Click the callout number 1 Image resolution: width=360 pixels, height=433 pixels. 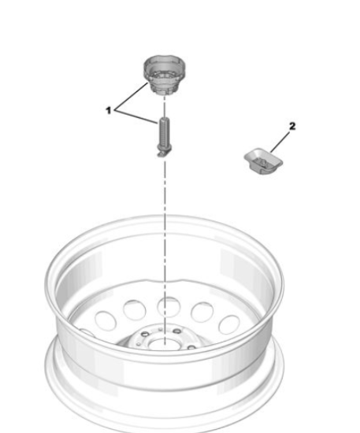pyautogui.click(x=109, y=110)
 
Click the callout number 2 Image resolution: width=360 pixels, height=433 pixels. pyautogui.click(x=292, y=126)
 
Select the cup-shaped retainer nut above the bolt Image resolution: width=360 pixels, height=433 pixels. pyautogui.click(x=164, y=75)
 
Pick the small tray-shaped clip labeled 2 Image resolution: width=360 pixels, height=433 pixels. pyautogui.click(x=264, y=161)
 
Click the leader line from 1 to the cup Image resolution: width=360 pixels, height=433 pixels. pyautogui.click(x=132, y=95)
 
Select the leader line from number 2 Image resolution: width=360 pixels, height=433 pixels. pyautogui.click(x=280, y=142)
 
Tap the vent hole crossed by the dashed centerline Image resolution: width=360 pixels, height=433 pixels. pyautogui.click(x=169, y=307)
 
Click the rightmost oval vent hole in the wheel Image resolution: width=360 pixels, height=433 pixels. pyautogui.click(x=229, y=324)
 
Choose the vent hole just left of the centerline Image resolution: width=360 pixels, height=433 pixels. pyautogui.click(x=135, y=310)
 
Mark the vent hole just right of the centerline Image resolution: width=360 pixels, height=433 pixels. pyautogui.click(x=202, y=312)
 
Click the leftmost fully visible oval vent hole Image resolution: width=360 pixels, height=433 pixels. pyautogui.click(x=106, y=321)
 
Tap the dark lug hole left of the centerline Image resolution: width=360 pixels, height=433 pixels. pyautogui.click(x=145, y=334)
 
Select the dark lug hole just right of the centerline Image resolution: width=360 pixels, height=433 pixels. pyautogui.click(x=177, y=331)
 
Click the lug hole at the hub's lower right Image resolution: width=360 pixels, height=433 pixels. pyautogui.click(x=191, y=347)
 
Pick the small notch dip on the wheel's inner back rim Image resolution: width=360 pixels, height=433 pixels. pyautogui.click(x=165, y=282)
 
